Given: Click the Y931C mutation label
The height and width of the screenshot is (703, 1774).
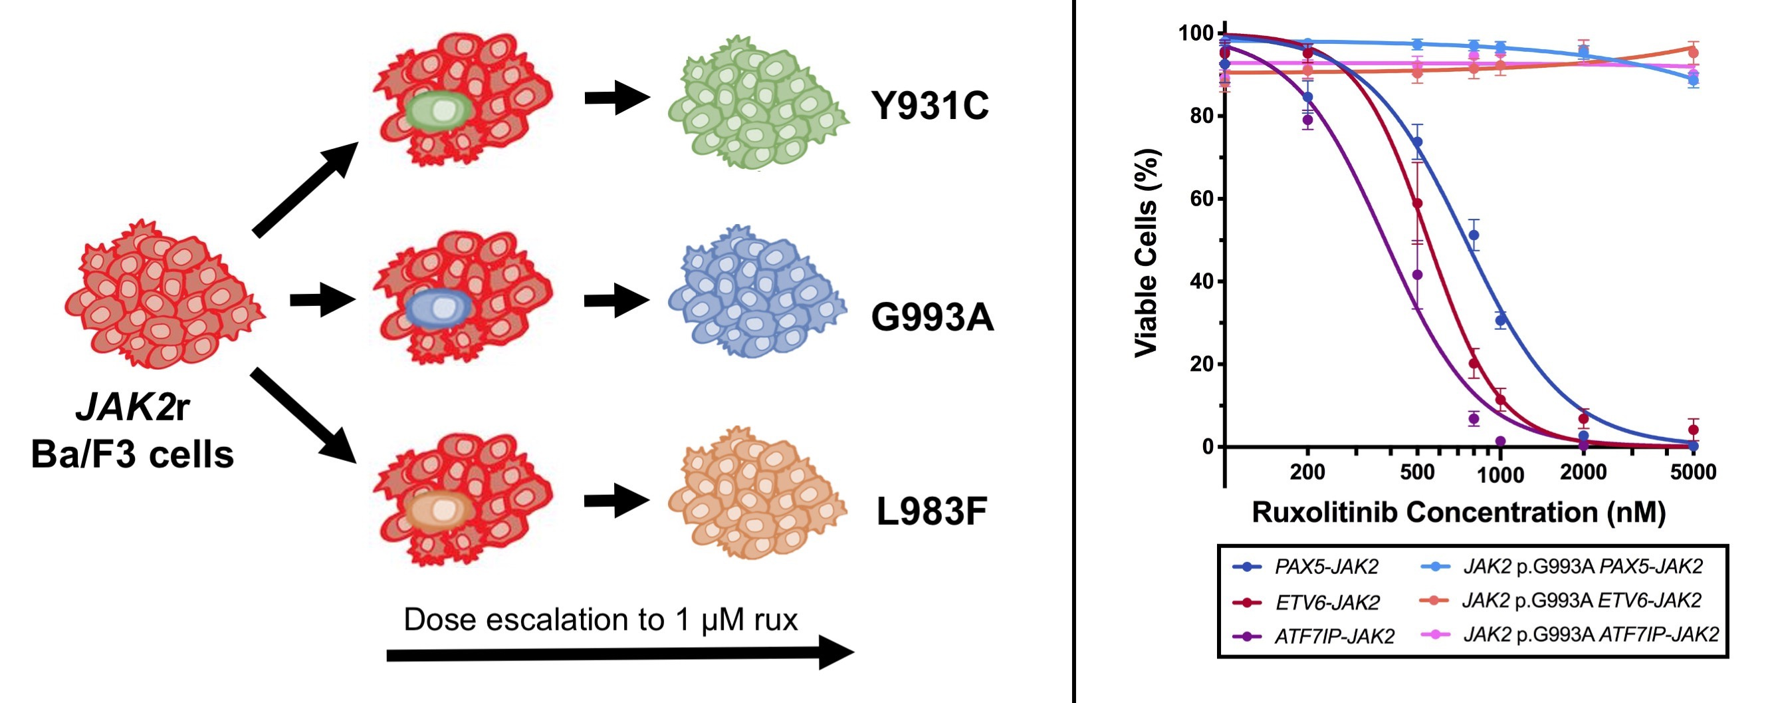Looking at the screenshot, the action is [x=930, y=106].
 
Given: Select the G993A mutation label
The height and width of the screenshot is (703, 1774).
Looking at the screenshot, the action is [x=933, y=317].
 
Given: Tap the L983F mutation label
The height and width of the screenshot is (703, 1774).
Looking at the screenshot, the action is [x=932, y=511].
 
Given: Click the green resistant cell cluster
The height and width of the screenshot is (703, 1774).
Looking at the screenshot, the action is [x=758, y=102].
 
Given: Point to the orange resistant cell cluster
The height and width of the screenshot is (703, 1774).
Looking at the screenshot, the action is [x=758, y=493].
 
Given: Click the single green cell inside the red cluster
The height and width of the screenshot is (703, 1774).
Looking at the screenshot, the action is [x=439, y=112].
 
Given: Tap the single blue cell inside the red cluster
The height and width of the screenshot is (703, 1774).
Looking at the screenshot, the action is [x=439, y=307].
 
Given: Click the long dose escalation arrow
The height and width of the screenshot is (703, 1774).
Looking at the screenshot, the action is [x=619, y=653].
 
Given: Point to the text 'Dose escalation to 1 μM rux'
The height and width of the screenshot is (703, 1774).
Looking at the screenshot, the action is [x=600, y=619].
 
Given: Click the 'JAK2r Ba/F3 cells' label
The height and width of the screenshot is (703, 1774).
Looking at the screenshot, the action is [x=132, y=431].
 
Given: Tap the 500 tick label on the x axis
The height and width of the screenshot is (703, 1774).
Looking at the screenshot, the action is [x=1416, y=472].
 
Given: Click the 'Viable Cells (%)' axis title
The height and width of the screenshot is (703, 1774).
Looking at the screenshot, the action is [x=1147, y=253].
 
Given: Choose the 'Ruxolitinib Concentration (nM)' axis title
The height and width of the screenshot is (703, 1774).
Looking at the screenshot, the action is [x=1458, y=512].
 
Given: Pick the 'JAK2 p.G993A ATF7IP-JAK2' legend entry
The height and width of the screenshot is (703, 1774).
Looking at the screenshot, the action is [x=1570, y=634].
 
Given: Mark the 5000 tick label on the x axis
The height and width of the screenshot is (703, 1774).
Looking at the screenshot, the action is [x=1693, y=472].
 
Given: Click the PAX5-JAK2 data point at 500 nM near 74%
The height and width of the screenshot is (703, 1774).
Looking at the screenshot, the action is [x=1417, y=142].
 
